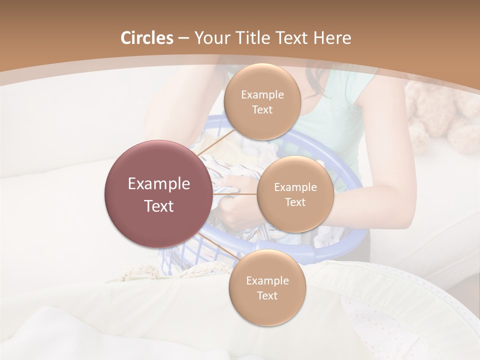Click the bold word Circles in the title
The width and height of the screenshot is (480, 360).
pyautogui.click(x=146, y=38)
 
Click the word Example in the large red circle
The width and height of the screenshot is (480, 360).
pyautogui.click(x=159, y=184)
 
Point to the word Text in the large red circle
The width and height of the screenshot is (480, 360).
pyautogui.click(x=159, y=206)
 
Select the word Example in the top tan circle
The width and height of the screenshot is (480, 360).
pyautogui.click(x=262, y=95)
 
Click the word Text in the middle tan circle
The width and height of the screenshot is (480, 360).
pyautogui.click(x=295, y=202)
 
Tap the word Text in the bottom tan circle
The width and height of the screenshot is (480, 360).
pyautogui.click(x=267, y=295)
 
